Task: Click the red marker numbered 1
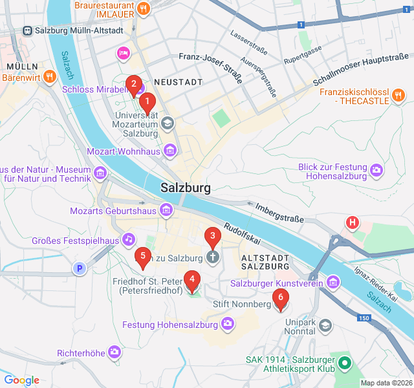coord(147,102)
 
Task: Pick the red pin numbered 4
coord(191,279)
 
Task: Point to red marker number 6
coord(280,298)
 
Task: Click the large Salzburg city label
coord(186,188)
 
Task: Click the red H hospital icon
coord(353,223)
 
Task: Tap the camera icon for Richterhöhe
coord(114,352)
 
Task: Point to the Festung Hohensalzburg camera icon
coord(228,323)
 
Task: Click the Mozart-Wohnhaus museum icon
coord(170,151)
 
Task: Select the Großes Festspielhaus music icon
coord(129,240)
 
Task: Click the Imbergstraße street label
coord(279,213)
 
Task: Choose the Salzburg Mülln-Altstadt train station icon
coord(28,30)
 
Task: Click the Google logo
coord(21,380)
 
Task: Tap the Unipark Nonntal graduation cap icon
coord(325,325)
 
